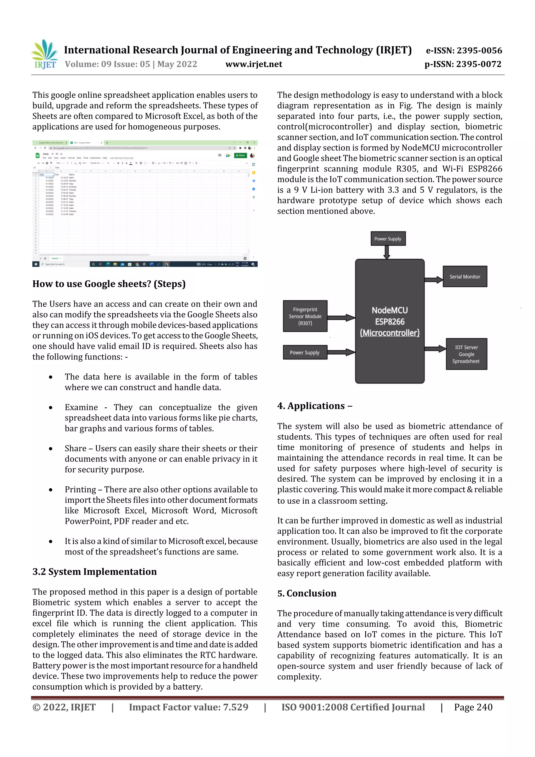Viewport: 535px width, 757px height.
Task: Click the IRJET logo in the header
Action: tap(45, 54)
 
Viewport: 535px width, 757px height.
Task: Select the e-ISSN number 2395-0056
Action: tap(479, 50)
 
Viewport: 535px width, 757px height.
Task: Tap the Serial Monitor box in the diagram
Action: tap(464, 277)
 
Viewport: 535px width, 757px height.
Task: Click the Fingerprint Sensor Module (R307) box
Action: tap(305, 316)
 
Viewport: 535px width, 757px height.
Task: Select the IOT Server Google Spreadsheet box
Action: tap(466, 354)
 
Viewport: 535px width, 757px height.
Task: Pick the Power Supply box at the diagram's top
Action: tap(387, 239)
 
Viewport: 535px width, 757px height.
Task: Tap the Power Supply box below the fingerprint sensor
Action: tap(305, 353)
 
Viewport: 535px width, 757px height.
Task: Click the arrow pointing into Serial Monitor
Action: tap(433, 280)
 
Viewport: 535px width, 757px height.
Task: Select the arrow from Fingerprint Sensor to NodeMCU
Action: tap(341, 317)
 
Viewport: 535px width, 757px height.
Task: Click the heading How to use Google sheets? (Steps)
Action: tap(109, 284)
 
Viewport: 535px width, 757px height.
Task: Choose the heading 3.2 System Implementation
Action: tap(94, 572)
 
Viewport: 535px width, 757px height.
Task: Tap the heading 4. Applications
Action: tap(315, 406)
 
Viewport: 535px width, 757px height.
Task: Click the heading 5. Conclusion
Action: tap(307, 593)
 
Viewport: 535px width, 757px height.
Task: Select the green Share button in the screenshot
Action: tap(240, 155)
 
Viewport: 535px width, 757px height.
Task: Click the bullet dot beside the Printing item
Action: tap(50, 490)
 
